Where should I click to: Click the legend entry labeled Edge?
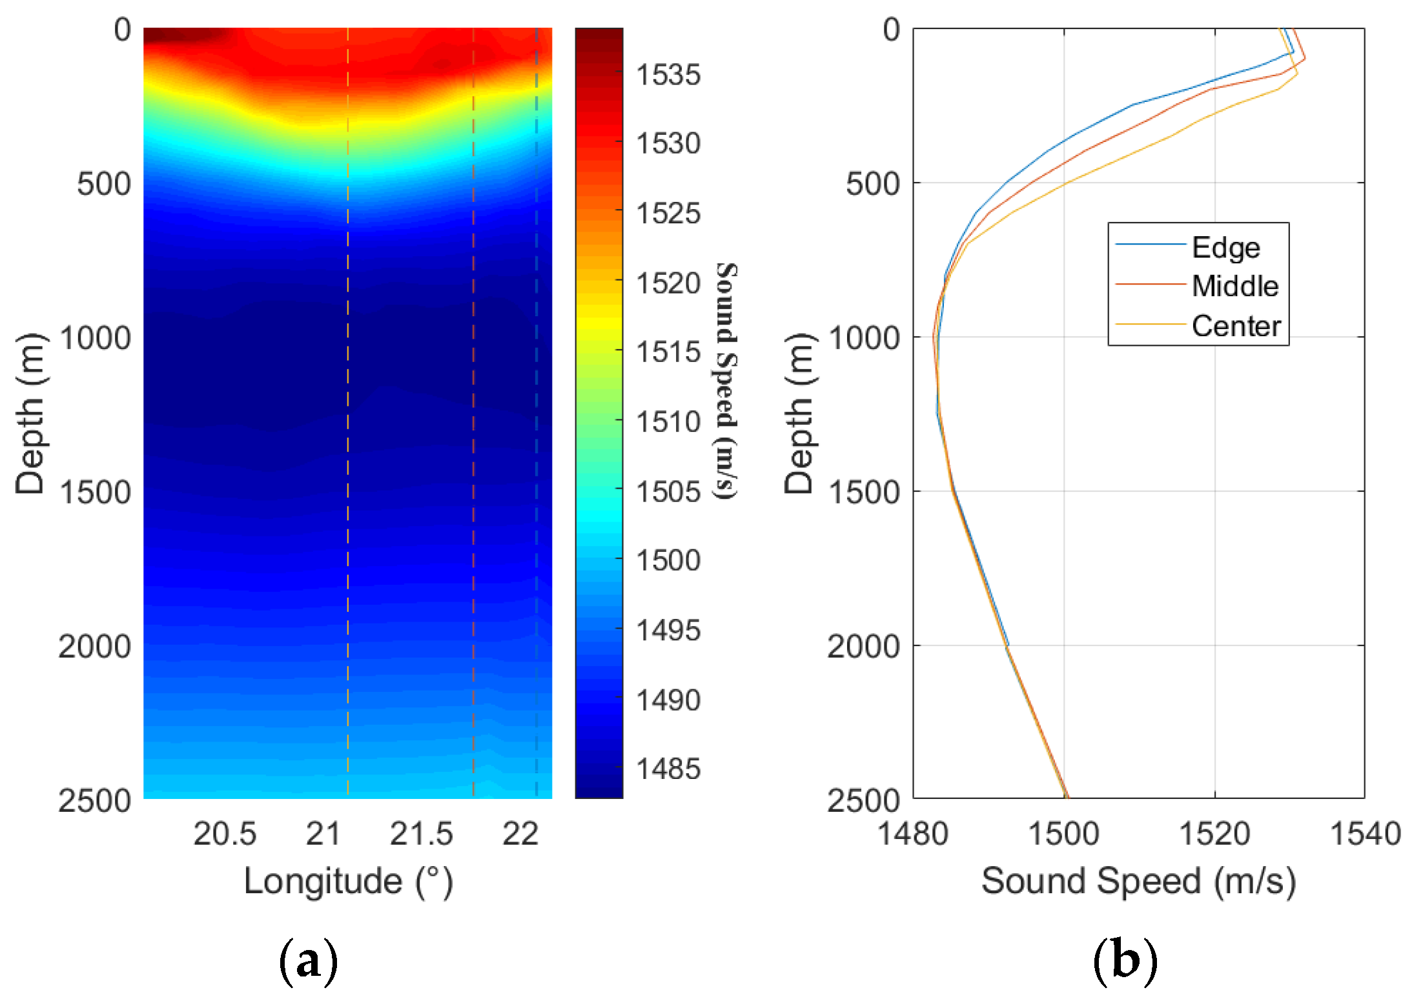(1225, 248)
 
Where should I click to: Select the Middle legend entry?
(1234, 286)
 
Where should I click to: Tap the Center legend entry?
(1235, 326)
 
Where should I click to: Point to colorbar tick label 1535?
(668, 75)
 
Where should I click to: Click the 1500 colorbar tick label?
(668, 560)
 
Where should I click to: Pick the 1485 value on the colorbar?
(668, 769)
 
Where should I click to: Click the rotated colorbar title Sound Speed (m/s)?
(726, 381)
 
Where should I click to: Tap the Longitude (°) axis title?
(348, 882)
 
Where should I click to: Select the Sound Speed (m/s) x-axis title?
(1138, 882)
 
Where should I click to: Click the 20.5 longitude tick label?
(225, 834)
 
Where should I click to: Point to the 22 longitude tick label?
(520, 834)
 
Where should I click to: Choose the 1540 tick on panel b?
(1365, 834)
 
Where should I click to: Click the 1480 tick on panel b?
(912, 834)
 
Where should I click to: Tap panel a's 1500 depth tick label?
(95, 492)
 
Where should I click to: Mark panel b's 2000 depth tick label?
(863, 646)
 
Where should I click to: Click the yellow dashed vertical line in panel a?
(348, 452)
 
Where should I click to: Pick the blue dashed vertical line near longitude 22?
(536, 452)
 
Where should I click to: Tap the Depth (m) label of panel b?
(799, 413)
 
